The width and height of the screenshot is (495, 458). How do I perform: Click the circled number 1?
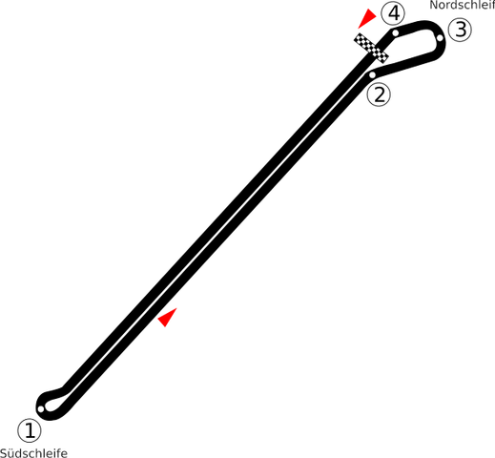(x=30, y=430)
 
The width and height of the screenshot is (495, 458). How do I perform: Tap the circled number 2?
(x=379, y=94)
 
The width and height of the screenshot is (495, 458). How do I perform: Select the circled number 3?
(x=460, y=30)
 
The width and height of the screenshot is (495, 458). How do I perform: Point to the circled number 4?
(x=393, y=13)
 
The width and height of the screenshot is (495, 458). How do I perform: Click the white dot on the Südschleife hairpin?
(x=41, y=408)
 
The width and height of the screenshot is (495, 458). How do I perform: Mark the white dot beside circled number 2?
(x=372, y=75)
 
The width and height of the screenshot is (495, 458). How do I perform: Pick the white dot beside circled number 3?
(x=440, y=38)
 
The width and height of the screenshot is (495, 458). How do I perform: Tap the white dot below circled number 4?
(x=395, y=32)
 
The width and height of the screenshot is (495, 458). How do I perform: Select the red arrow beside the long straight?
(x=168, y=317)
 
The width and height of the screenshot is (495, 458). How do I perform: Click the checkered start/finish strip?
(x=371, y=48)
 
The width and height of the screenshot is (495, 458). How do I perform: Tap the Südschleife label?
(x=33, y=453)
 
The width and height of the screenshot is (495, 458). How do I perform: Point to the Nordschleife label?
(x=463, y=5)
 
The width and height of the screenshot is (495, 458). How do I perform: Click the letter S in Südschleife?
(x=4, y=453)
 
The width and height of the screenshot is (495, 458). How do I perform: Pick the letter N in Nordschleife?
(x=433, y=5)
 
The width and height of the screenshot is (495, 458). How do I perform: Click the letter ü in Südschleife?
(x=11, y=453)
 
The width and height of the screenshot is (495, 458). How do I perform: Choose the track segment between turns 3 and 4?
(x=417, y=26)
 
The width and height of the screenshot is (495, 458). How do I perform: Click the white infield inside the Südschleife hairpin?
(x=54, y=403)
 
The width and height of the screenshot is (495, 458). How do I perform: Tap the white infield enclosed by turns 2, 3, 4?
(x=413, y=46)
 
